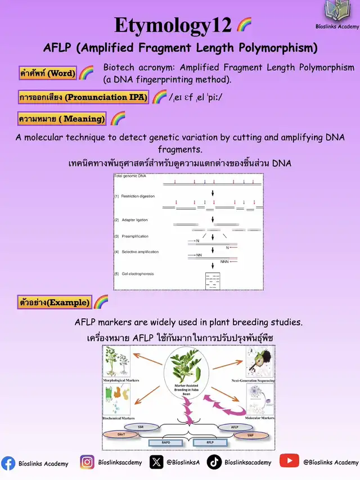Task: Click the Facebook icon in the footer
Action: click(x=8, y=463)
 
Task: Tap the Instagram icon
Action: click(x=87, y=463)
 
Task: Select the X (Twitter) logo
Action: click(x=156, y=463)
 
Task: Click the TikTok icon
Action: click(x=214, y=463)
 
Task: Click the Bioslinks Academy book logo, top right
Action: click(x=337, y=12)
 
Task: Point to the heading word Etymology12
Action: click(x=173, y=25)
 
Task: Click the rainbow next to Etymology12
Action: click(x=244, y=25)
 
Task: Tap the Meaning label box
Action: click(x=62, y=119)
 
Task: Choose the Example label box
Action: click(x=55, y=302)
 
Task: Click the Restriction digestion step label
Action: click(x=138, y=196)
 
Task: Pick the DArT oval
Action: click(x=121, y=435)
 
